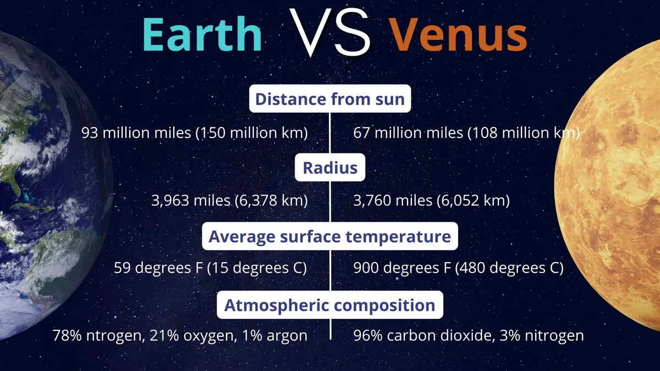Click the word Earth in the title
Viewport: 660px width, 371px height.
[202, 35]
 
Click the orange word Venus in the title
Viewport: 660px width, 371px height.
[459, 35]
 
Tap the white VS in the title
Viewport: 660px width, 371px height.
[329, 32]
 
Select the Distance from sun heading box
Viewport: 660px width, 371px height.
[330, 98]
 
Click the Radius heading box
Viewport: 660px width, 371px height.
[330, 167]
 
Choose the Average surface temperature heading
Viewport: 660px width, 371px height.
[330, 236]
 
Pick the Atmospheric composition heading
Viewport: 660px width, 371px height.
[330, 304]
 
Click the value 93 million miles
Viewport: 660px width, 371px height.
[136, 133]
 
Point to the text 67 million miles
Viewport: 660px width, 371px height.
[408, 133]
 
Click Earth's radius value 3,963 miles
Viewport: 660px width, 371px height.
[191, 201]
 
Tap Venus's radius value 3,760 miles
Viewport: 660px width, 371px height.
[393, 201]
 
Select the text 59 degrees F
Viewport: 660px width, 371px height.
[158, 268]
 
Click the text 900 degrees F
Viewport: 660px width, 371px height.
[402, 268]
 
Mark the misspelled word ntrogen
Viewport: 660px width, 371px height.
[115, 336]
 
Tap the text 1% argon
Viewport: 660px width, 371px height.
[274, 336]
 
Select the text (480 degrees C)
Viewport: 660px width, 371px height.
[509, 268]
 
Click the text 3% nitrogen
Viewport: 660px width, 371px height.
[542, 336]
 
